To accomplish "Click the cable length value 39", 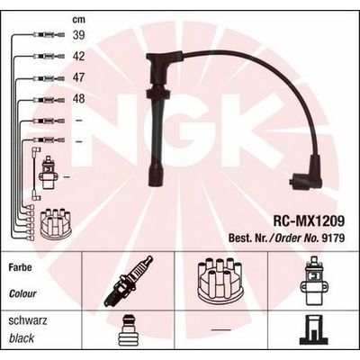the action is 79,35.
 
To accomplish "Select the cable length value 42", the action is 79,56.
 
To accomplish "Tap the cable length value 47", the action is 79,77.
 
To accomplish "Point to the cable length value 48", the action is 79,98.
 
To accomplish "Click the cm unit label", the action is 79,20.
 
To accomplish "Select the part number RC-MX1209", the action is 309,221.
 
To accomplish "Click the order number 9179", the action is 333,238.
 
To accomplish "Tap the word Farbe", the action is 20,267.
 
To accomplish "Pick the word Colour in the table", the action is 22,293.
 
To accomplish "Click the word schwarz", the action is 28,320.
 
